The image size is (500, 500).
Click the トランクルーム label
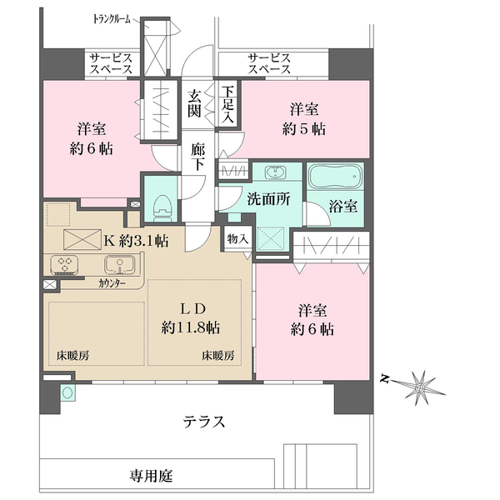[113, 17]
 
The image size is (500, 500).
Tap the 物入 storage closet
[237, 239]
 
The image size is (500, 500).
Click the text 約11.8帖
[191, 326]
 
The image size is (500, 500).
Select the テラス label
[204, 421]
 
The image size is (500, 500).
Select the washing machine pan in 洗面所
[271, 238]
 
